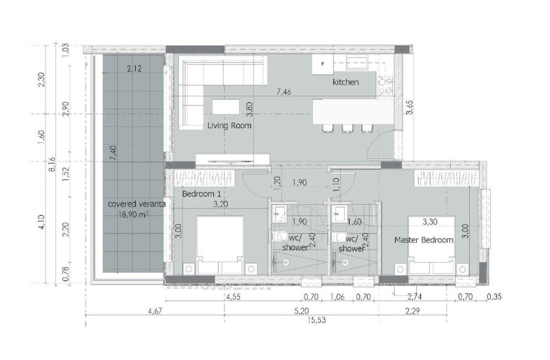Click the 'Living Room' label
coord(229,126)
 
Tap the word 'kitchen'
coord(345,82)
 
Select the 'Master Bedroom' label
coord(424,240)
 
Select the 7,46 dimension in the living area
coord(284,92)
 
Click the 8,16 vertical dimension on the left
coord(52,166)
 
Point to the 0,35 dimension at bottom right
coord(494,297)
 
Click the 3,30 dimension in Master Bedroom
coord(431,219)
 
